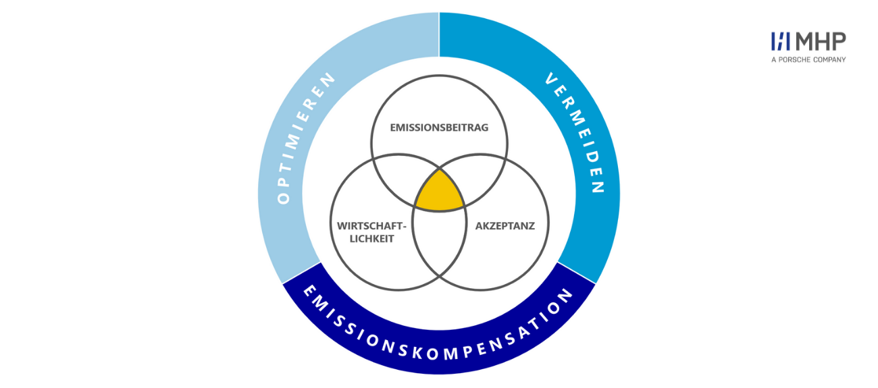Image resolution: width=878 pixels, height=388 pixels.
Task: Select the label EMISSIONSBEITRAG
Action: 439,128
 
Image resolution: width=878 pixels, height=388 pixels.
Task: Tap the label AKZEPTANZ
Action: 505,226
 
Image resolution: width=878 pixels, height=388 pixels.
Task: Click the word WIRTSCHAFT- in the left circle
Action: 371,226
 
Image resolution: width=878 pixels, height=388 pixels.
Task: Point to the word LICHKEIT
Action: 371,239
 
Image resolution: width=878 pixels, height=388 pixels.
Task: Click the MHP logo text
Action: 821,42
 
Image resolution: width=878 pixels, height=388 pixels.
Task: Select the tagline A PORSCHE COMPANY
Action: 808,60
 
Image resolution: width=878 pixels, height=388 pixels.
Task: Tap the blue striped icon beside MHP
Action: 780,42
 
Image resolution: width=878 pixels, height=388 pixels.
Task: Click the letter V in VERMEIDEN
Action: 552,79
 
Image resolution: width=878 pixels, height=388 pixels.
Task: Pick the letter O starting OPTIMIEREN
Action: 284,198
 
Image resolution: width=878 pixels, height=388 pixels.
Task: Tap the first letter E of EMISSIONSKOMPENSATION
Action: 309,292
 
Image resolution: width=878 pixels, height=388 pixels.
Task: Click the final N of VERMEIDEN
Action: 598,186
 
